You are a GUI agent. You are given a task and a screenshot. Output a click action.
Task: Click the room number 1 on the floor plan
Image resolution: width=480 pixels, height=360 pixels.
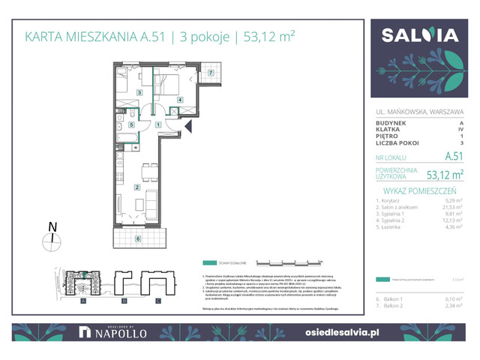158,125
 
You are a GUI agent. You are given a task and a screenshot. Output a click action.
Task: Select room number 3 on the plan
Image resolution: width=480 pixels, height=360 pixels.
139,93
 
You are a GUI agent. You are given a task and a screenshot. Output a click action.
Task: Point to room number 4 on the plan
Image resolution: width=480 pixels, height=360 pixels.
180,100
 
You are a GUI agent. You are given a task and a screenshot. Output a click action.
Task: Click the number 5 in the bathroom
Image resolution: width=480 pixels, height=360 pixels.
131,125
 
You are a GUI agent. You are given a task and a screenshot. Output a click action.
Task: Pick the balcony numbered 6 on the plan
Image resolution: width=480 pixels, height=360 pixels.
137,238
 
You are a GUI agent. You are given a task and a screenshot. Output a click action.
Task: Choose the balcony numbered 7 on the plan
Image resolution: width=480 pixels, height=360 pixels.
211,73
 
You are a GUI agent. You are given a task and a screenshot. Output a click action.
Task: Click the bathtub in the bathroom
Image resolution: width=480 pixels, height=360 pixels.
129,137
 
